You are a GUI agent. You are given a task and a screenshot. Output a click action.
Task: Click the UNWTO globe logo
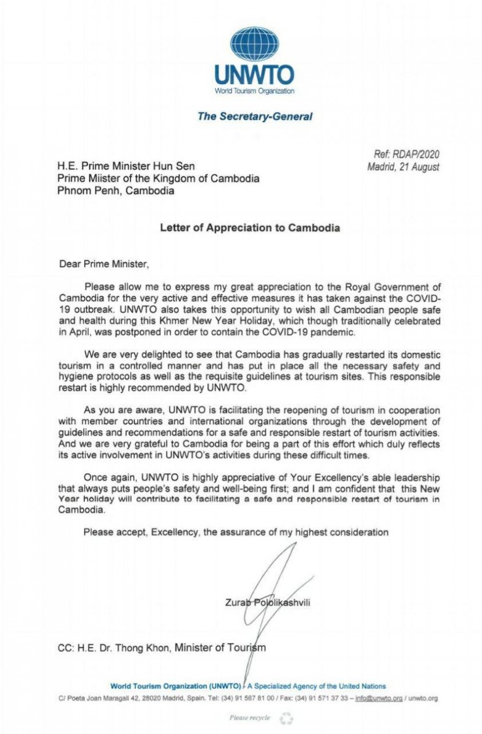254,45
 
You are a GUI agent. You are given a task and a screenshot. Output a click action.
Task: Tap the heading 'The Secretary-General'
254,116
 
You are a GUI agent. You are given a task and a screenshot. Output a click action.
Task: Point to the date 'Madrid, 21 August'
403,167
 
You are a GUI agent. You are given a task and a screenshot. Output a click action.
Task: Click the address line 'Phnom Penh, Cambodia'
116,191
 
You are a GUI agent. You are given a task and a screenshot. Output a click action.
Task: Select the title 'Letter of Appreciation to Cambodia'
250,228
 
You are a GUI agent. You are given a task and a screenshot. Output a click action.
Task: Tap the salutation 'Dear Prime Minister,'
105,264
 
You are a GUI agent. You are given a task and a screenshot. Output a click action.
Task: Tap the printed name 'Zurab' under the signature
236,602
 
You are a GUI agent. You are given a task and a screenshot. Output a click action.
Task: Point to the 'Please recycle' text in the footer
250,718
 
